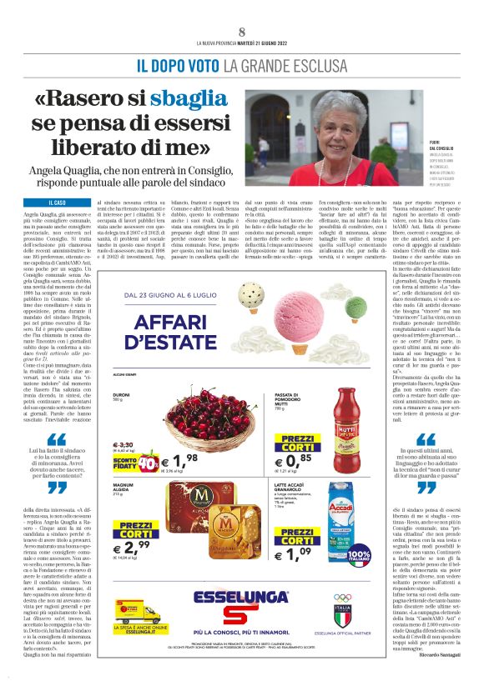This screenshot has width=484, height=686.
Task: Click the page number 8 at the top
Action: pos(242,31)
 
